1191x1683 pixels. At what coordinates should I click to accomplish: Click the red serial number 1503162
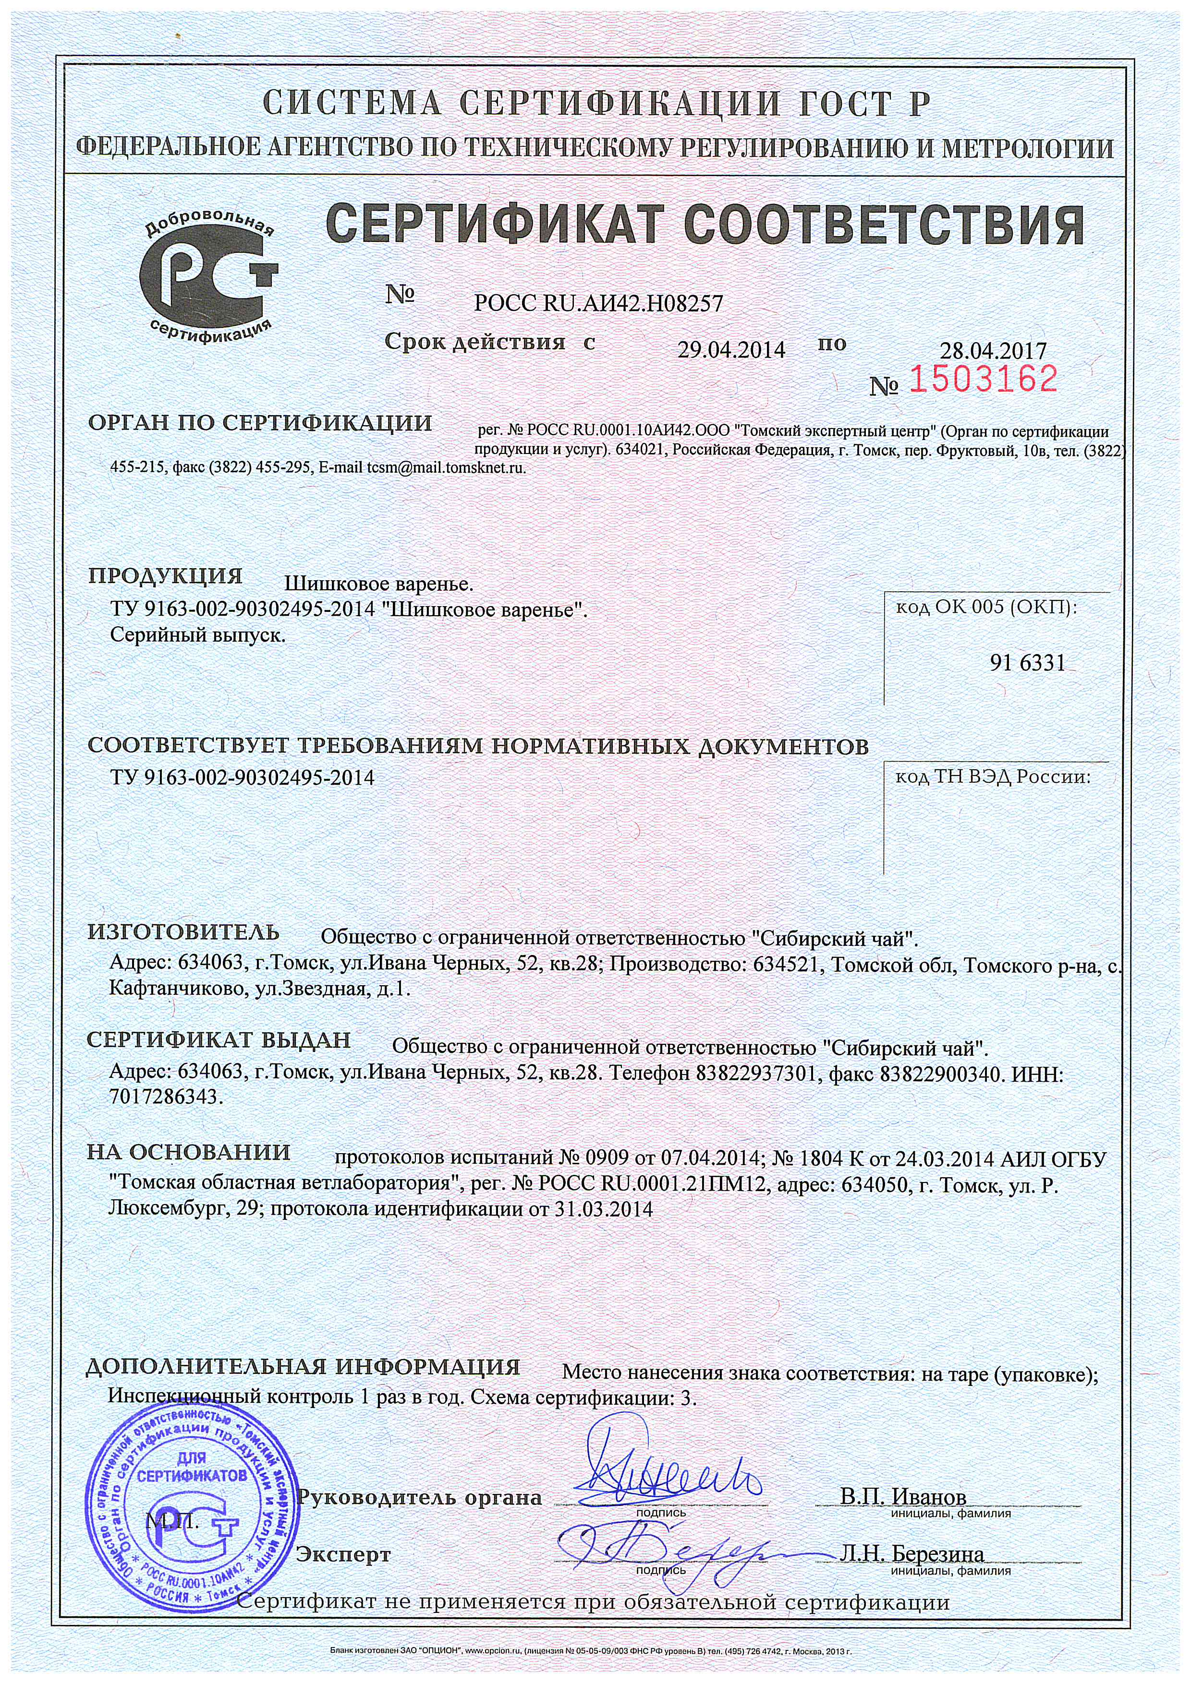984,380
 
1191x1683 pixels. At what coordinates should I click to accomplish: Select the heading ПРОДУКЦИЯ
165,575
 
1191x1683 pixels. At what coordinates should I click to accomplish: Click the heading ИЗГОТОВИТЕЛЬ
183,932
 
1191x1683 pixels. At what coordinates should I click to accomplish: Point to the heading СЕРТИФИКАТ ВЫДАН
219,1040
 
